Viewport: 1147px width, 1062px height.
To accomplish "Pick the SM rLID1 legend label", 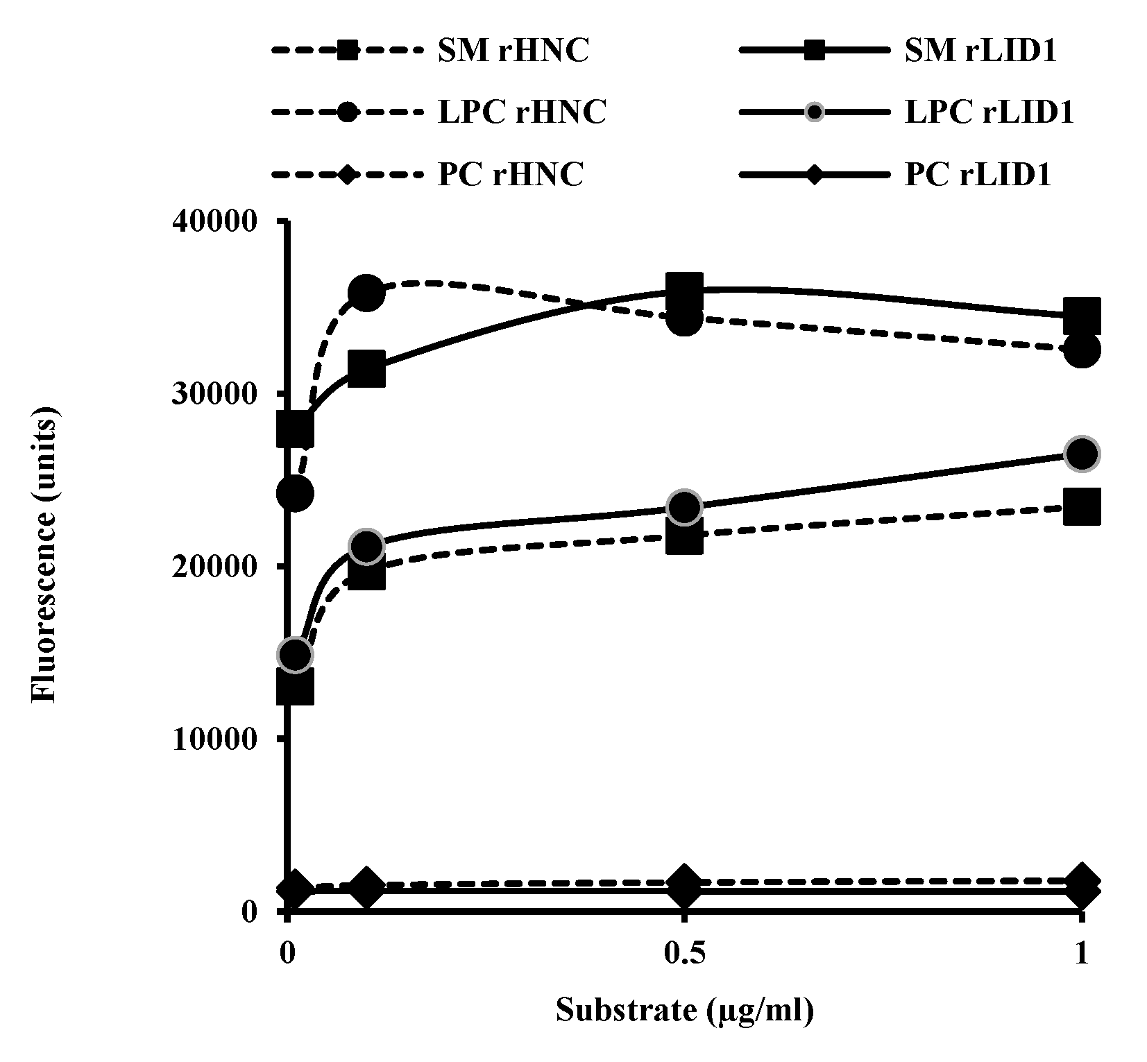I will pos(980,51).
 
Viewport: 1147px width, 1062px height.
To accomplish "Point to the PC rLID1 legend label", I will pos(978,174).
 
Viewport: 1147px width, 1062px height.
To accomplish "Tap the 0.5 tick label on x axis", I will pos(684,955).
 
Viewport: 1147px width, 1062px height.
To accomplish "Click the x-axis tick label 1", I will pos(1080,955).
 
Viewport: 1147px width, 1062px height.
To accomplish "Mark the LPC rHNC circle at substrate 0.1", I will pos(367,293).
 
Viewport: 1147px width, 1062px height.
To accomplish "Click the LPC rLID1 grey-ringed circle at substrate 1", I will pos(1081,454).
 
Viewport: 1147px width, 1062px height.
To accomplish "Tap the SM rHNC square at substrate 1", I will pos(1081,506).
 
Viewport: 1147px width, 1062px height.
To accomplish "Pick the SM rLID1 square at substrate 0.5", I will pos(684,289).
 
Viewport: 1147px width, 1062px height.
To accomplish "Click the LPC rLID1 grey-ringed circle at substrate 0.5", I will pos(684,508).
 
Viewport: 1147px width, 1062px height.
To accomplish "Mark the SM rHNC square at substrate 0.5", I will pos(684,537).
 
